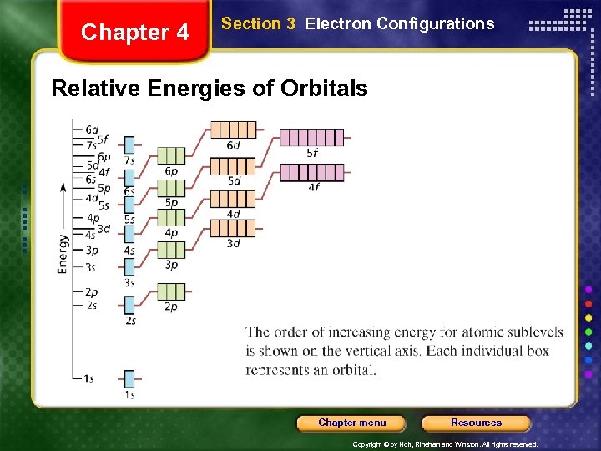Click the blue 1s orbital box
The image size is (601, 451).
pos(129,378)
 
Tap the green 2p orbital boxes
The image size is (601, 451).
pos(171,291)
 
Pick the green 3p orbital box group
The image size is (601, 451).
pos(171,249)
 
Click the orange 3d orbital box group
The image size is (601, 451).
pos(232,227)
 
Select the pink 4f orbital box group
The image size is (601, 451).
pos(311,172)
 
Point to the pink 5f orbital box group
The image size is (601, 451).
pos(311,138)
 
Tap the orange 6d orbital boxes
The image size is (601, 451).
pos(233,129)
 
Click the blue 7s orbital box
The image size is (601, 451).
pos(129,144)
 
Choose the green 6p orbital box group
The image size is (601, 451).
pos(171,155)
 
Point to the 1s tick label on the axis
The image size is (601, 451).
pos(88,378)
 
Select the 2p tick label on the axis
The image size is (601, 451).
pos(90,292)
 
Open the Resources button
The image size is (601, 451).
pos(476,423)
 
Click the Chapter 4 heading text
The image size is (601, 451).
pos(135,33)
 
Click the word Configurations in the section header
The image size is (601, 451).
pos(435,23)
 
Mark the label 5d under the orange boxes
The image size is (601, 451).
pos(234,180)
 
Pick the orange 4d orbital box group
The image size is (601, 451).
pos(233,199)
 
